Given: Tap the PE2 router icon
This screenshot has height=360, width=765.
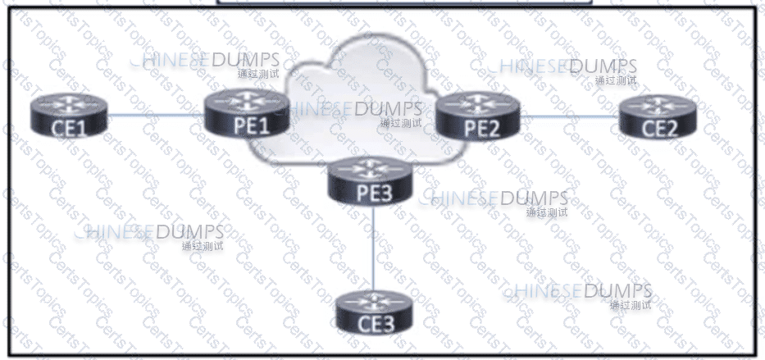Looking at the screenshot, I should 478,115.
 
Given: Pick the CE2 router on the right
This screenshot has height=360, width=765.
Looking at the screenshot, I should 660,117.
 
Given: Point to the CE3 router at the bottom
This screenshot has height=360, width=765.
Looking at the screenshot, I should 376,311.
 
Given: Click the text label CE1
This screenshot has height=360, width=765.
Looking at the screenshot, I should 69,129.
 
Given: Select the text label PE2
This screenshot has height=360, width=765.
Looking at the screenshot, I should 478,126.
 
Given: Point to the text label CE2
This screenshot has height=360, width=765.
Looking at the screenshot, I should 660,128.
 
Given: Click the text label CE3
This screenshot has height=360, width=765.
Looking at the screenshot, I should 376,323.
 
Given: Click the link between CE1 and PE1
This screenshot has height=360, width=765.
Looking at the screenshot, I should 156,116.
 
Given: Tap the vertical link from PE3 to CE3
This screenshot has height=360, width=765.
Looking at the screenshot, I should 373,246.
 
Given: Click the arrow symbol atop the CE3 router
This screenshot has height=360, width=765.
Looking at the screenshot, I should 376,298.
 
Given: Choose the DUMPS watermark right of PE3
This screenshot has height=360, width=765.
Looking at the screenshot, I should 533,198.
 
